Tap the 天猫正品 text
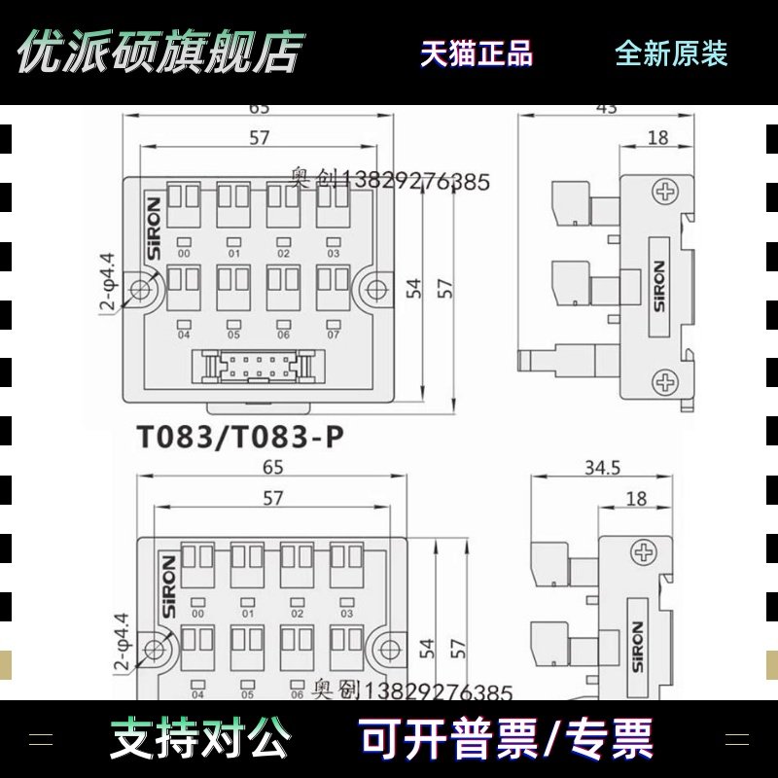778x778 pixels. coord(477,53)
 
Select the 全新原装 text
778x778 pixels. coord(671,53)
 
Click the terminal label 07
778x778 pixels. coord(333,335)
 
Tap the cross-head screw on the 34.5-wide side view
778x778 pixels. coord(644,554)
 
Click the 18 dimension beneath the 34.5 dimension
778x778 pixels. coord(637,499)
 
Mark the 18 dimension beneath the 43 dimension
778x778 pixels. coord(658,138)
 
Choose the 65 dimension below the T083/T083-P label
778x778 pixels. coord(273,468)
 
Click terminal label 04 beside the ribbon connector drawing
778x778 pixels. coord(184,335)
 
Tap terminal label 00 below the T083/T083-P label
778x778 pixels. coord(197,614)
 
